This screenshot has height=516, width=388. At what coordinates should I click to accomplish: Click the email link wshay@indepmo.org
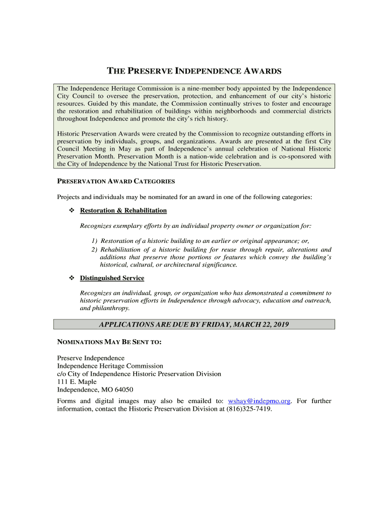259,401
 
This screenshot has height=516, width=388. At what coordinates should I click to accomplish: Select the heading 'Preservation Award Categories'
115,181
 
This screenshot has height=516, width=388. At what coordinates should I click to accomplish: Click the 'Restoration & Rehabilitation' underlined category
123,210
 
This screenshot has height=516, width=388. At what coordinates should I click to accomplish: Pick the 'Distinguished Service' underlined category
112,278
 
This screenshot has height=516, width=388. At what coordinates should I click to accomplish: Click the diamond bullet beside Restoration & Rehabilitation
71,210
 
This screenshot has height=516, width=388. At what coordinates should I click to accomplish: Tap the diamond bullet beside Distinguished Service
71,278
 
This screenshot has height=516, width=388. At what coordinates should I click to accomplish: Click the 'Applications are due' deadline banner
193,325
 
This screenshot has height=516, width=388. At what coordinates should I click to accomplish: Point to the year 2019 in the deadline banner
280,325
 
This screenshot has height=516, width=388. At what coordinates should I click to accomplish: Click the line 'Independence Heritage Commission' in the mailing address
110,366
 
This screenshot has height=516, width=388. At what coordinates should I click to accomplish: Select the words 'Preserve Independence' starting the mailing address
91,358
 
